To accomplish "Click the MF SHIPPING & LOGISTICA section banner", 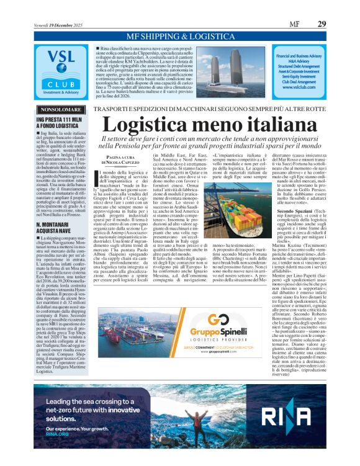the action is tap(179, 37).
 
